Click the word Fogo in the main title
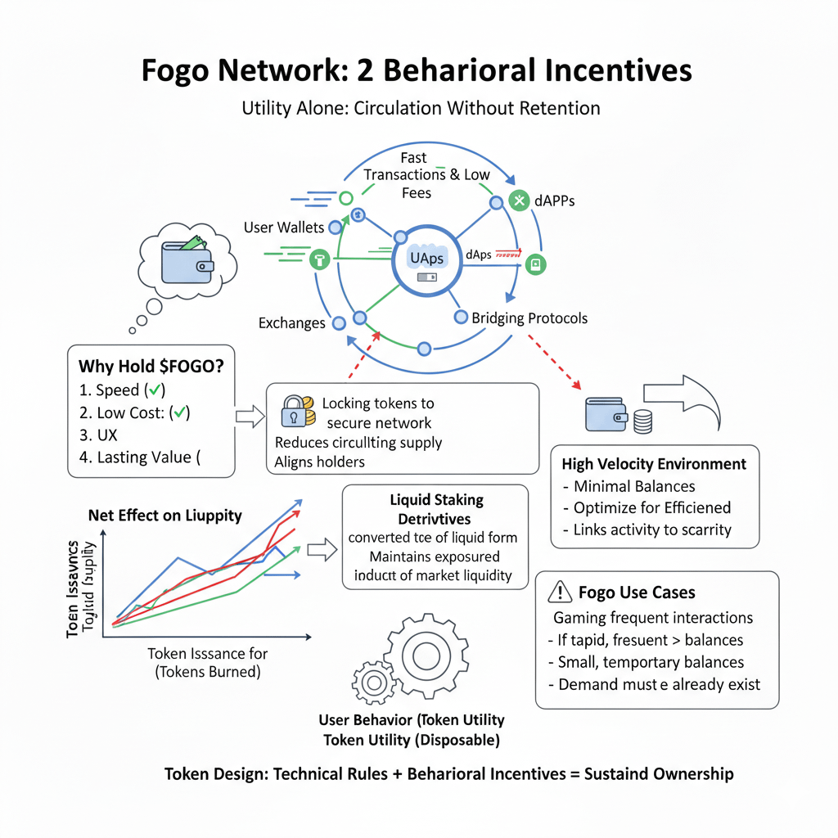(x=182, y=70)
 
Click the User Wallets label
(x=284, y=228)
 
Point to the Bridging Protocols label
(x=529, y=318)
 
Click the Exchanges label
(x=291, y=323)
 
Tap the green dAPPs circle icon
(x=519, y=200)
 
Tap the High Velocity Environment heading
(x=654, y=464)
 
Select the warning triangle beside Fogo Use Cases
(x=559, y=592)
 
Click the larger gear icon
(x=425, y=654)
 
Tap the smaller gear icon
(x=374, y=681)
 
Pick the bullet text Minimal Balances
(x=634, y=486)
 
